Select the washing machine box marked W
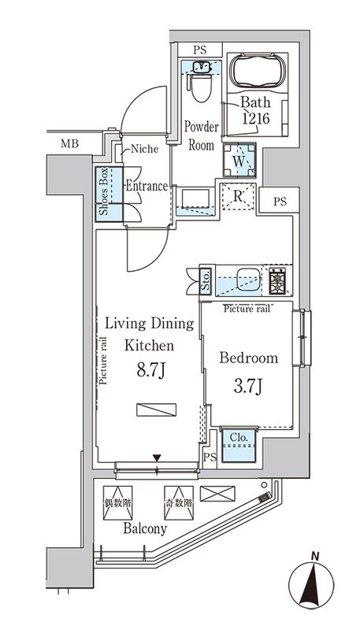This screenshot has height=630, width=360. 239,160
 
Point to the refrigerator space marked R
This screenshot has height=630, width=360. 238,196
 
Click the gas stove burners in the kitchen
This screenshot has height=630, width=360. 277,280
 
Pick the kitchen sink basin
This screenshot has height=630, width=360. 248,280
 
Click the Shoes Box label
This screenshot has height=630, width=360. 104,192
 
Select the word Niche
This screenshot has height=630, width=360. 144,149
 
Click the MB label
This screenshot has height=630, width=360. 69,143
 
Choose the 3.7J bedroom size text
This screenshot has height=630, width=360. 248,387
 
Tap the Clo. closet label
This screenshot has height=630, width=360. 239,437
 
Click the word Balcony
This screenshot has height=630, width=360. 145,528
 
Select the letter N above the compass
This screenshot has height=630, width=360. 315,557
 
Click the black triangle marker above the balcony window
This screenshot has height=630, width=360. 157,458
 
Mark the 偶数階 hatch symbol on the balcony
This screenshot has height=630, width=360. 117,502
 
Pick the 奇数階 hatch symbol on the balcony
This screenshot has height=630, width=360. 178,502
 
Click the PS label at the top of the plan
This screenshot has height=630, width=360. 199,50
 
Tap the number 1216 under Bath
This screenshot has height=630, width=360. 254,119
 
